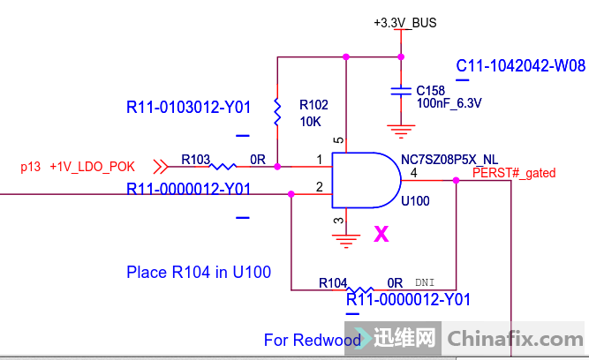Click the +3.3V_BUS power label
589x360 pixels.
(404, 23)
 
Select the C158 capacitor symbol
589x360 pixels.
(402, 90)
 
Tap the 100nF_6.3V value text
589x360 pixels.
(449, 103)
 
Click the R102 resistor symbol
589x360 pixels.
(278, 112)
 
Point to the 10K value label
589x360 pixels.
(310, 121)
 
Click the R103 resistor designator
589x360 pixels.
(196, 160)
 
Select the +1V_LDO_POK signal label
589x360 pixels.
(92, 166)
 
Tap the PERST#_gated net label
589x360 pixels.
(514, 174)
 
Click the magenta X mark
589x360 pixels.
(381, 234)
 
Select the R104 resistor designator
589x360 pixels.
(333, 283)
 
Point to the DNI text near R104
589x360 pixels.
(425, 283)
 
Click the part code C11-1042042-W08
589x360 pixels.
(520, 66)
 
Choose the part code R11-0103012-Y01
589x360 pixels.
(188, 109)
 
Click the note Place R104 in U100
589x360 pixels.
(198, 272)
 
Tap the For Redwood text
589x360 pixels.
(312, 340)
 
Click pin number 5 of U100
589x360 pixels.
(338, 140)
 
